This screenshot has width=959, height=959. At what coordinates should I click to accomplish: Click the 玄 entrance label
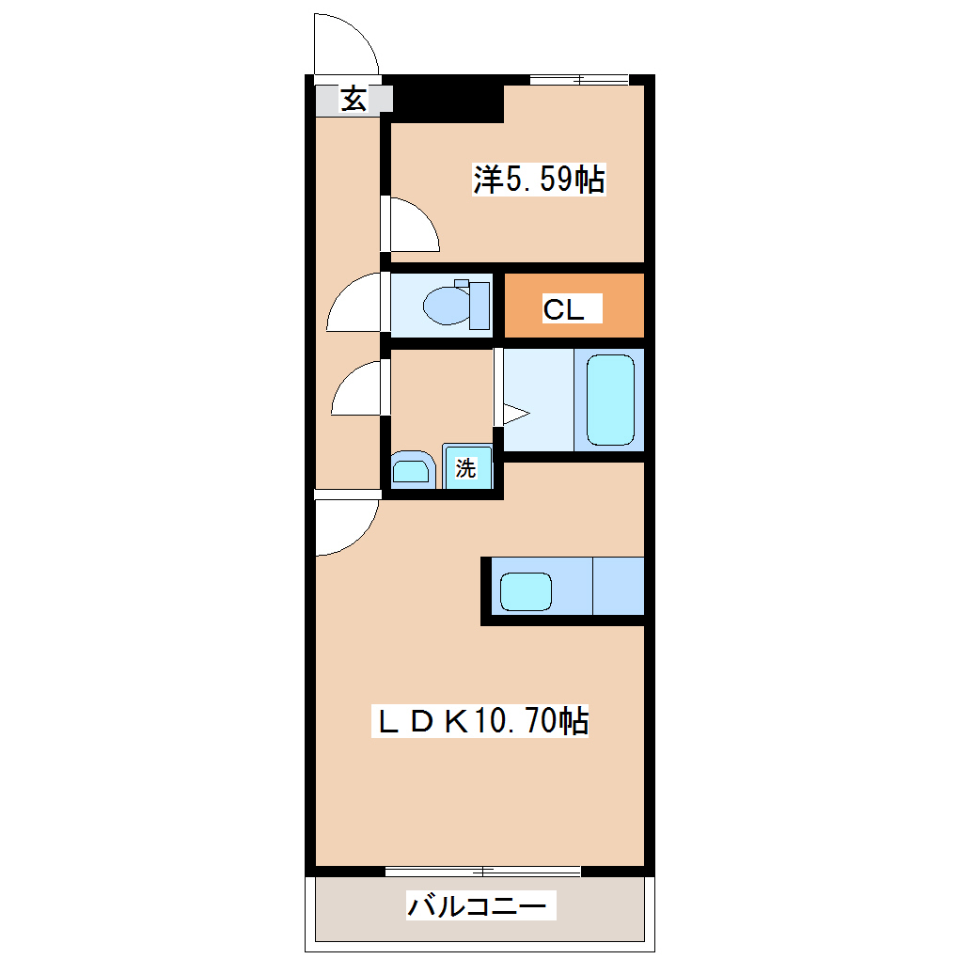point(354,99)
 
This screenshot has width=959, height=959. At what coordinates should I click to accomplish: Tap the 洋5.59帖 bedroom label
point(538,179)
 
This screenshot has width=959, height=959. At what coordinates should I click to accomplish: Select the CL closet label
point(563,308)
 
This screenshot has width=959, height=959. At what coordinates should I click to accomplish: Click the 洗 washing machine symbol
point(466,467)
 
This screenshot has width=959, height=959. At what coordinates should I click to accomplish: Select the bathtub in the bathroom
point(610,400)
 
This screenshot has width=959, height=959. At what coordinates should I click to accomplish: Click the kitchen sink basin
point(525,590)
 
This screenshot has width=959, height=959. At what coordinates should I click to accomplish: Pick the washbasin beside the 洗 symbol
point(410,469)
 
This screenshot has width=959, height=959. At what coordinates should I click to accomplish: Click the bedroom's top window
point(578,80)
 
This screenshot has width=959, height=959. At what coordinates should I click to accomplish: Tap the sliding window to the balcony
point(482,870)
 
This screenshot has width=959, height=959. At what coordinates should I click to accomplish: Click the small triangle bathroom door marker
point(516,413)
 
